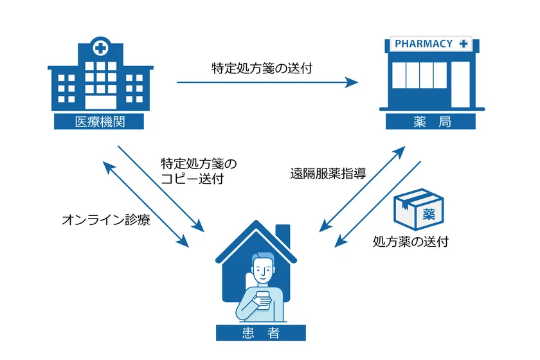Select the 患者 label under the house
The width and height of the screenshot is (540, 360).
tap(260, 332)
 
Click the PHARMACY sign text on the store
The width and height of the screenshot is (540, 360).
tap(424, 44)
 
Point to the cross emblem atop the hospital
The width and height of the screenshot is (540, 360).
tap(100, 47)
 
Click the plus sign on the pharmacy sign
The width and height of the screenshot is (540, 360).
tap(464, 44)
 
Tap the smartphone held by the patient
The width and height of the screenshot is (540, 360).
tap(263, 300)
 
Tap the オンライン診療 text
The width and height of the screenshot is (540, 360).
tap(106, 221)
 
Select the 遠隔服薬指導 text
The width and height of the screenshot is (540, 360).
tap(328, 173)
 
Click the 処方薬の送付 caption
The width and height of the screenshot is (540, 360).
tap(411, 242)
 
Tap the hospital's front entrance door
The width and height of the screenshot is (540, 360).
tap(100, 101)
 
